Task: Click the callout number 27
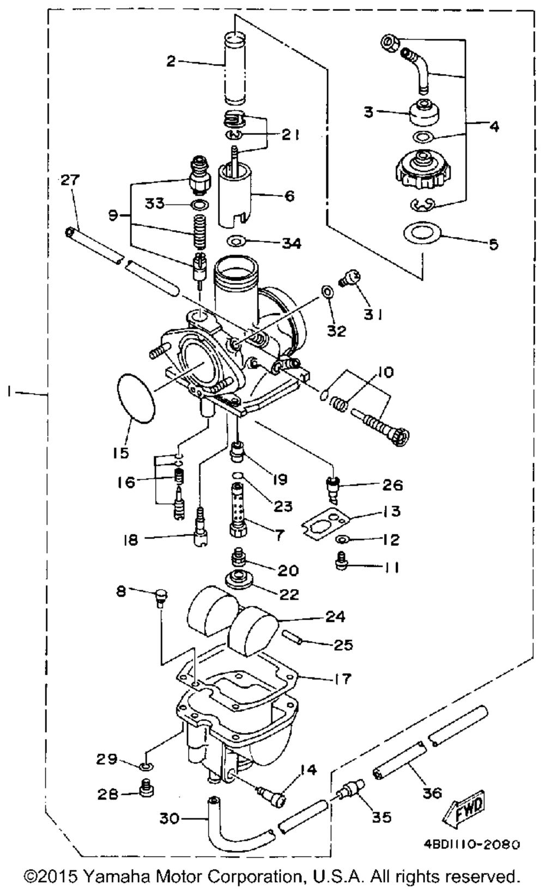(70, 180)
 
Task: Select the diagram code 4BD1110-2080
(471, 844)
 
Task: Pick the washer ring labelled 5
(421, 234)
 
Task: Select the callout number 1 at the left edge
(10, 391)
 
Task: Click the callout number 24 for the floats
(335, 616)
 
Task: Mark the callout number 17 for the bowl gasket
(343, 679)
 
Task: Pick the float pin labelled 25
(293, 637)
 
